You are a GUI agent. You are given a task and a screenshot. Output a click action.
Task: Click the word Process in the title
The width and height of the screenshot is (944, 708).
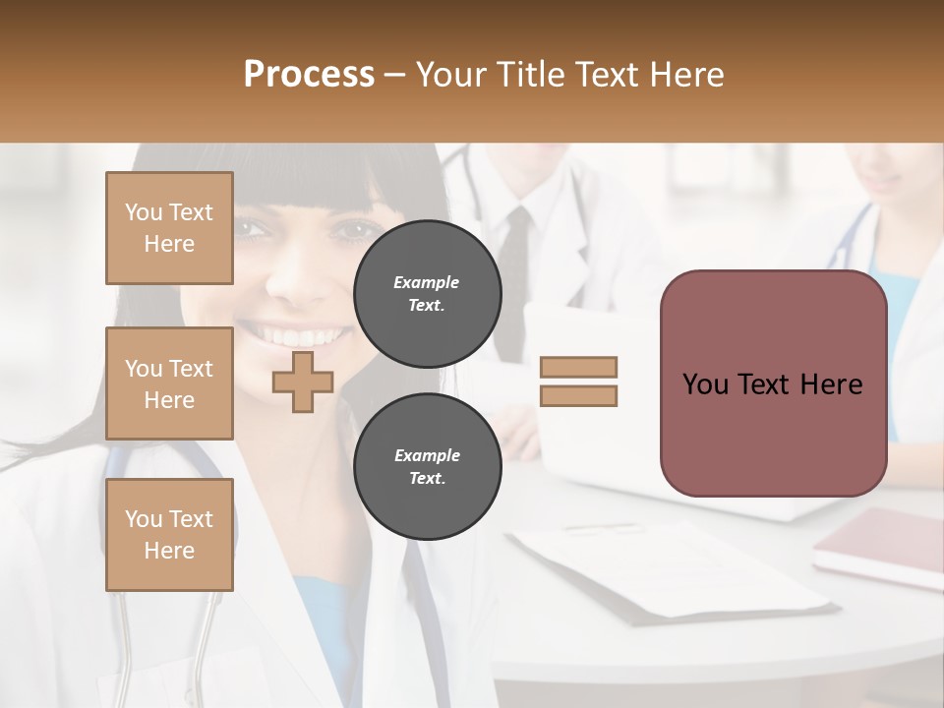[309, 75]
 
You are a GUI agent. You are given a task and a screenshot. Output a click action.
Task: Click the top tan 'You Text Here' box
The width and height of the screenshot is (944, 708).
[169, 228]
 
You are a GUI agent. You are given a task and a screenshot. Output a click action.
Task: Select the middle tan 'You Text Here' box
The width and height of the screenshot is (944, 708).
[169, 383]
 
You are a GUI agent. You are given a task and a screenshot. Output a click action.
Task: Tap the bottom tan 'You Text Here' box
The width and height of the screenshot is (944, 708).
[169, 534]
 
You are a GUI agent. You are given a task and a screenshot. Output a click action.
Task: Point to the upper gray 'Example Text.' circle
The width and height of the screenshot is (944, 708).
[427, 293]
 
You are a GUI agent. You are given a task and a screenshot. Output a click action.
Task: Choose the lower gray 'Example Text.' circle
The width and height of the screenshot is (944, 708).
[427, 466]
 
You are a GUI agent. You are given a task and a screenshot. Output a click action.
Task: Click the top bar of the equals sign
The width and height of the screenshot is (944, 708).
[578, 368]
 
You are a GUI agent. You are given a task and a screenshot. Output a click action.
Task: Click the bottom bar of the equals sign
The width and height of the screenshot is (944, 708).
[578, 395]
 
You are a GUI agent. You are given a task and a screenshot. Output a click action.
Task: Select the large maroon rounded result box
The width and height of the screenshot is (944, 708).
[773, 383]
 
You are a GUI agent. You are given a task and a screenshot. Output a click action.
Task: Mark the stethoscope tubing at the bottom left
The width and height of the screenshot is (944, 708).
[202, 649]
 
